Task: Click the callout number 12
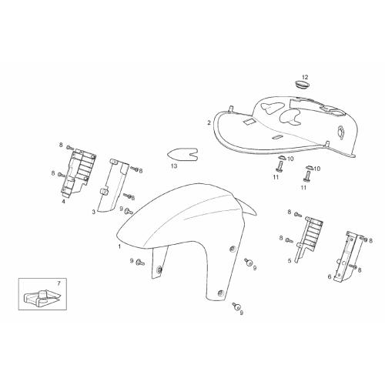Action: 305,77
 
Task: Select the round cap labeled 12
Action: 302,84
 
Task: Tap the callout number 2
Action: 209,122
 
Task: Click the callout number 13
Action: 174,166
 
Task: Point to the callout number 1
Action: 119,246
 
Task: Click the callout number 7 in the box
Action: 59,283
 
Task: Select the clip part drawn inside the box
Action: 42,298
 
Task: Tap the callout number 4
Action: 63,202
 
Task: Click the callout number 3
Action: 94,212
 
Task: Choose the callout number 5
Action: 290,261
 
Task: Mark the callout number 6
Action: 330,277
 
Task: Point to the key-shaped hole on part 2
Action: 341,132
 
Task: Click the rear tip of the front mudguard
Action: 256,215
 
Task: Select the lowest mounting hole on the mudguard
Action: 220,293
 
